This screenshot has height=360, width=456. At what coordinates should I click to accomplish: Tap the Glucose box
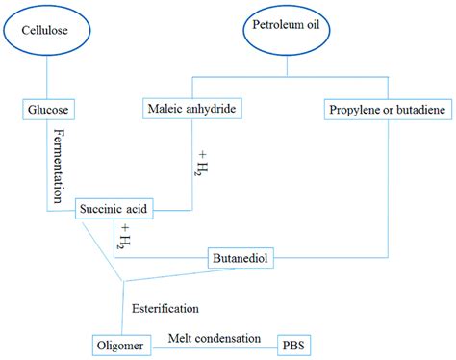click(x=47, y=109)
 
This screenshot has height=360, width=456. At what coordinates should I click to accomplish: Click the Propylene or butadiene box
click(x=389, y=111)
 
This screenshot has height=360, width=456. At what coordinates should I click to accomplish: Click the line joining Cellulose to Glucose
click(x=47, y=77)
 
